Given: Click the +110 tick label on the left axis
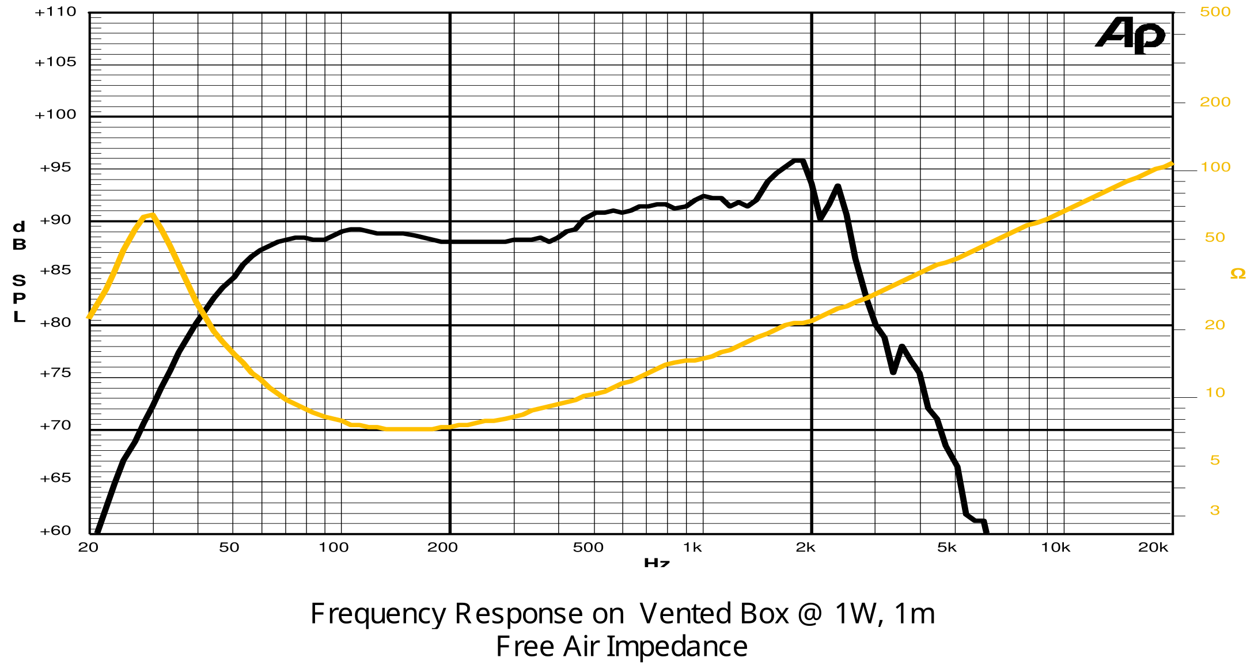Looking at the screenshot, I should tap(56, 12).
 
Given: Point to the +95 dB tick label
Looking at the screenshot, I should tap(56, 168).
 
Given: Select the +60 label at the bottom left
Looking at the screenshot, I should tap(56, 530).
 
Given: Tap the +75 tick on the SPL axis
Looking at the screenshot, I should tap(56, 373).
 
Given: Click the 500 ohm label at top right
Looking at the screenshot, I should tap(1215, 12).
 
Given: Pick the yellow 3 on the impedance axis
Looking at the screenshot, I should tap(1215, 510).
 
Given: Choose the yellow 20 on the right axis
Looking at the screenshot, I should tap(1215, 325).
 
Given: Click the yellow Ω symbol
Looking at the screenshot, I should tap(1237, 273).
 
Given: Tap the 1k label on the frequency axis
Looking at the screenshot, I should tap(692, 548).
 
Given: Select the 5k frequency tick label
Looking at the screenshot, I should tap(946, 548).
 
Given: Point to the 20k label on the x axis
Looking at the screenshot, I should tap(1153, 548).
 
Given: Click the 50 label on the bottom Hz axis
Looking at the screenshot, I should tap(229, 548).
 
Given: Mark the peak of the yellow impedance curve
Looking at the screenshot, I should tap(151, 216).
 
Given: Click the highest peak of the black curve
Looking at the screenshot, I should tap(798, 161).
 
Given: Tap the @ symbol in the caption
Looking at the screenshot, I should tap(810, 614).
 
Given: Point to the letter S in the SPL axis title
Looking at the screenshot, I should tap(19, 280).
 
